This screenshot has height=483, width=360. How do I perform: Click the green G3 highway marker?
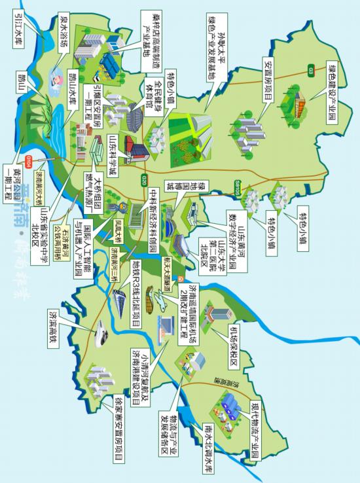point(310,69)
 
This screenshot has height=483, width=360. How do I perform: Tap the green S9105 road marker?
point(237,187)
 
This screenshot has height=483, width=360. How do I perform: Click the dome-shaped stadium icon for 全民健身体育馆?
point(134,118)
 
